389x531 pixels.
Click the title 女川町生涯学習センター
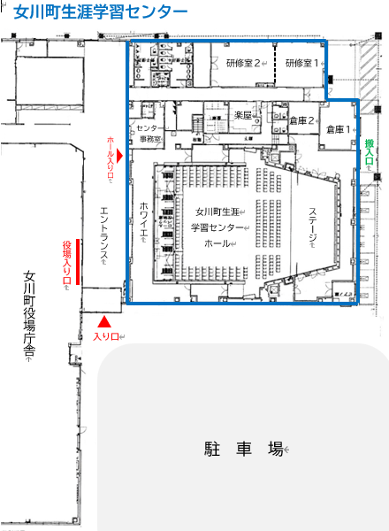coord(101,12)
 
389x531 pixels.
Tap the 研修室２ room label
coord(242,63)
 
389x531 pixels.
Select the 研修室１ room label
coord(301,63)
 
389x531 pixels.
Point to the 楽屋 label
coord(244,116)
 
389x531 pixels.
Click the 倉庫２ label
coord(301,119)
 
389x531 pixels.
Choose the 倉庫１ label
coord(338,129)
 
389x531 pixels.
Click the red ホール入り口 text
coord(111,158)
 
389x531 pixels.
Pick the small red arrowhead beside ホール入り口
coord(132,154)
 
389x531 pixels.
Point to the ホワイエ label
coord(143,220)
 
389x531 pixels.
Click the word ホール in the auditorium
coord(217,242)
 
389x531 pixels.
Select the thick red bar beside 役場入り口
coord(80,262)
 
